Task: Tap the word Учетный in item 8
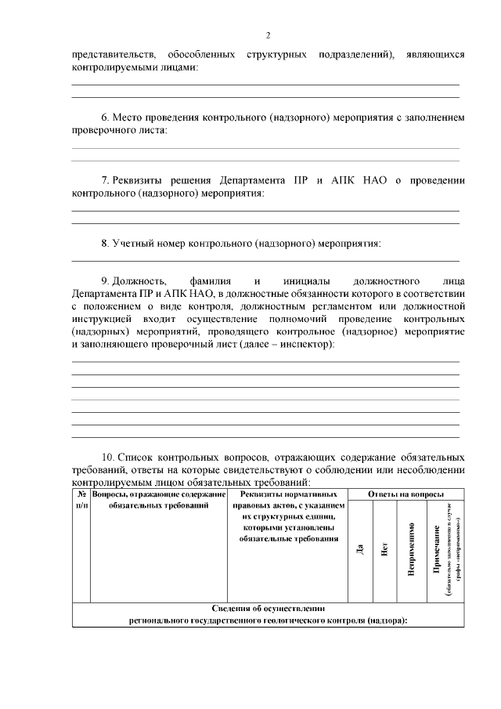coord(131,243)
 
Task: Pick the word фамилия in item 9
coord(210,280)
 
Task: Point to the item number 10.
coord(109,456)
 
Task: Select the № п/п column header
coord(81,501)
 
